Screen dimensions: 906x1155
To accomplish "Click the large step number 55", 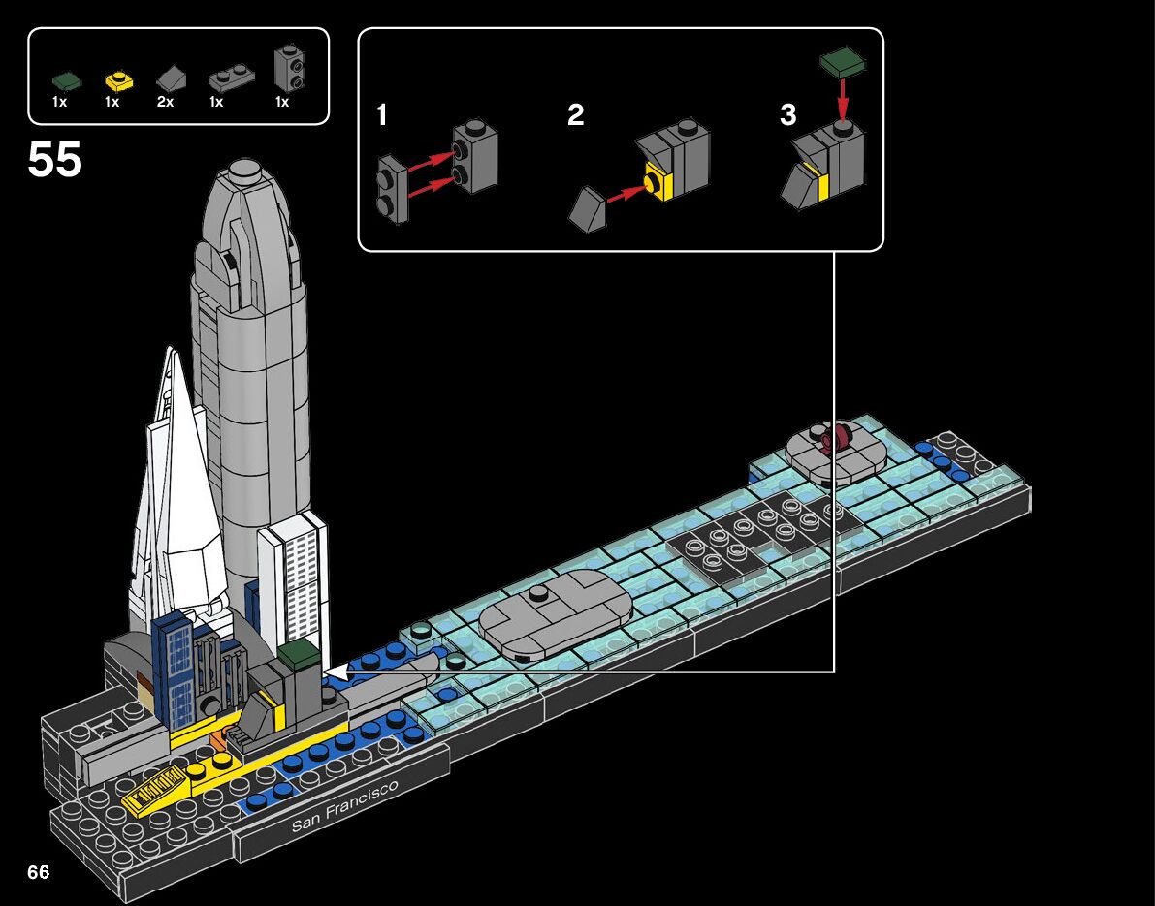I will click(55, 160).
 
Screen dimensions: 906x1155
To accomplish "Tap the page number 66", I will click(39, 872).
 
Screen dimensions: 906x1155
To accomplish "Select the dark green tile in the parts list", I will click(66, 80).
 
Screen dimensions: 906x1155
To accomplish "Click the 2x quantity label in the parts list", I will click(165, 102).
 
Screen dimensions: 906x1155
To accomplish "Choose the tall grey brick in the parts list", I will click(286, 66).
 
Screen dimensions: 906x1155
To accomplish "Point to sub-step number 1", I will click(382, 116).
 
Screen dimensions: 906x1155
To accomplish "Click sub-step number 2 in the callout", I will click(576, 116).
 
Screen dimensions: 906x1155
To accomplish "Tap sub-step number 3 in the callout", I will click(787, 116).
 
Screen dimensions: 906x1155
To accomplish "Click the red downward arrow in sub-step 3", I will click(843, 97).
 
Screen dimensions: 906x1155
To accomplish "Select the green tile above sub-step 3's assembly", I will click(843, 63).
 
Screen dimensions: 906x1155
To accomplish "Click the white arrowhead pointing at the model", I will click(331, 671).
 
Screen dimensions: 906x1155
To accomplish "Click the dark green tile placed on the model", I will click(298, 653).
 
